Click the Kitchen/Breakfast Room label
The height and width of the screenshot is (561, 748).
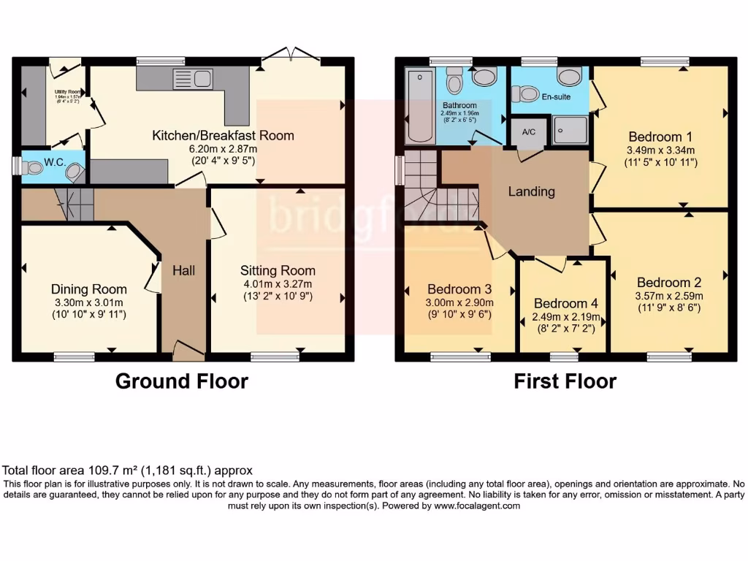[x=223, y=135]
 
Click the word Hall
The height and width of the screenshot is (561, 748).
[x=183, y=270]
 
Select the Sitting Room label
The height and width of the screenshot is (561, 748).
[x=277, y=270]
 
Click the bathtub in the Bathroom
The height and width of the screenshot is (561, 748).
[x=419, y=106]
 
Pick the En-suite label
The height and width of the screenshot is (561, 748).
[x=556, y=96]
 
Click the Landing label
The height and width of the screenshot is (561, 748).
[x=532, y=191]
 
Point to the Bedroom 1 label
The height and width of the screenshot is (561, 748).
[x=660, y=137]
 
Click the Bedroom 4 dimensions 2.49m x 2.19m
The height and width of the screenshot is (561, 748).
[x=560, y=318]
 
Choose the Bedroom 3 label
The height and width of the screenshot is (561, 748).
[x=459, y=289]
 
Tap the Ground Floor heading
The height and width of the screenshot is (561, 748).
[x=182, y=381]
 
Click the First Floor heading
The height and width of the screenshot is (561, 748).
[x=565, y=381]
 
